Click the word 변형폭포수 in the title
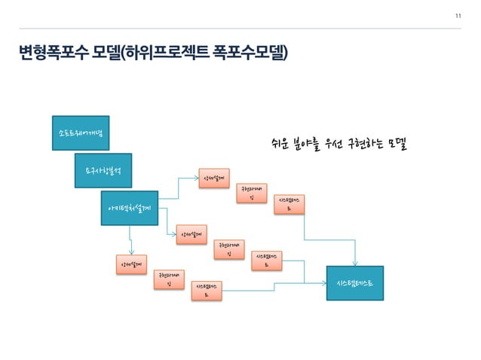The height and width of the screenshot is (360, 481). tap(53, 53)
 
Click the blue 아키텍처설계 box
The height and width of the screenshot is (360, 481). tap(130, 207)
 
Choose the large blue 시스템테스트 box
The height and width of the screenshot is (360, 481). tap(355, 283)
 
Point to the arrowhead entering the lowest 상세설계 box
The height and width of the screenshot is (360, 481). tap(131, 254)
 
